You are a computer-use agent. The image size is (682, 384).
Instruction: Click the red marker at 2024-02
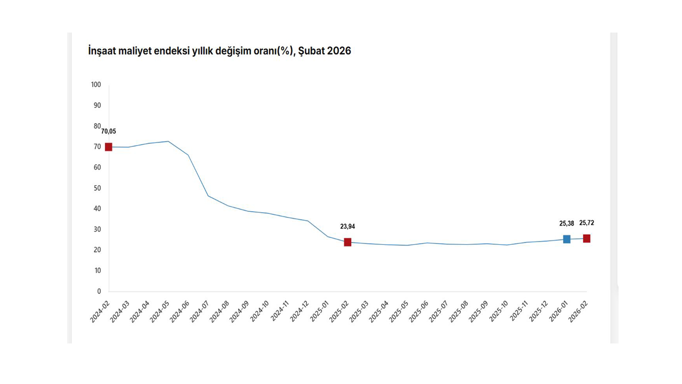[x=109, y=147]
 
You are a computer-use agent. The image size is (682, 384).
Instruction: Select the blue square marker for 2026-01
[x=566, y=239]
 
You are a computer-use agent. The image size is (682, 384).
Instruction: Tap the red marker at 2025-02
[x=347, y=242]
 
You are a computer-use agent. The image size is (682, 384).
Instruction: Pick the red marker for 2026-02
[x=587, y=238]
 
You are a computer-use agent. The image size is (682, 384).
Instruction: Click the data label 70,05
[x=109, y=131]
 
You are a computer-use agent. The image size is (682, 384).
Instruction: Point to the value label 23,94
[x=347, y=227]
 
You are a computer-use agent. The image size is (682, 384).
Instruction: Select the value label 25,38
[x=567, y=223]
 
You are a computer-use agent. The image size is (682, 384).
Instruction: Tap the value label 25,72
[x=587, y=223]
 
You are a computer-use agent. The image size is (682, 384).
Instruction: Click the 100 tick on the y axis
[x=96, y=85]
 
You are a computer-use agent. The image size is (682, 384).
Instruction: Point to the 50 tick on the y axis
[x=98, y=188]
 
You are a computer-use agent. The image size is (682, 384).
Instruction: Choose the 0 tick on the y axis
[x=99, y=292]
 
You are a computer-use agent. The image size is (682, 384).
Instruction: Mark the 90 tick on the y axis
[x=98, y=106]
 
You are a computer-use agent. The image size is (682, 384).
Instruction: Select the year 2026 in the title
[x=339, y=51]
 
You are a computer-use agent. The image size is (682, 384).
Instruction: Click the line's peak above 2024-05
[x=168, y=141]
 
